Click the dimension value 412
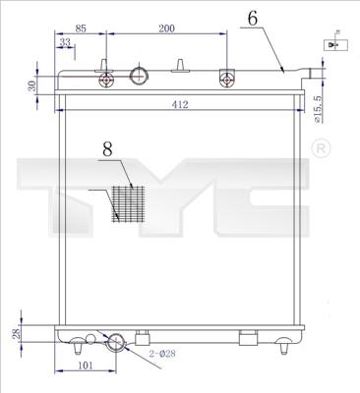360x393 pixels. pyautogui.click(x=179, y=104)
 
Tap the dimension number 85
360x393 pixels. pyautogui.click(x=81, y=29)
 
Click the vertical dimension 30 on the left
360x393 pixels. pyautogui.click(x=31, y=85)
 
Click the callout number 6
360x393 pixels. pyautogui.click(x=254, y=18)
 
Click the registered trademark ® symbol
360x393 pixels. pyautogui.click(x=320, y=147)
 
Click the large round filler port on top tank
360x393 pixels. pyautogui.click(x=140, y=77)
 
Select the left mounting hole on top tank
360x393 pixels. pyautogui.click(x=102, y=82)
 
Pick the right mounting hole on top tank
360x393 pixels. pyautogui.click(x=227, y=81)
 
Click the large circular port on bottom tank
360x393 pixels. pyautogui.click(x=116, y=342)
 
